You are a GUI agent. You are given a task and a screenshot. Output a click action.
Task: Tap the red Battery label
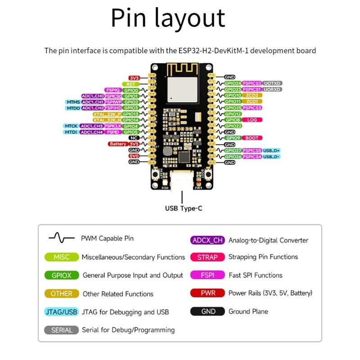(118, 144)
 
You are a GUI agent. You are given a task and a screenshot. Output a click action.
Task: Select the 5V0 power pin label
(134, 156)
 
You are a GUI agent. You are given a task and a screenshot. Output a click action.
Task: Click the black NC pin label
(134, 138)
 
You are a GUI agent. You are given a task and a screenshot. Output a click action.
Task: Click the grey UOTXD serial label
(272, 83)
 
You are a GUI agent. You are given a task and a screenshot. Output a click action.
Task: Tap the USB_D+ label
(271, 150)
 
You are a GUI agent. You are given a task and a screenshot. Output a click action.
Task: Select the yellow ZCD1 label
(252, 101)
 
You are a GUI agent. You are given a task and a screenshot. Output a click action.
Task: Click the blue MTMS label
(72, 102)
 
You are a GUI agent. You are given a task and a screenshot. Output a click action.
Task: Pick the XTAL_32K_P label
(107, 114)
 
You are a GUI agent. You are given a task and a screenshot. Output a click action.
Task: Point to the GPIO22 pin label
(232, 126)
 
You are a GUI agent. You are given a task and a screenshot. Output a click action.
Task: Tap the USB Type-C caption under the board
(183, 208)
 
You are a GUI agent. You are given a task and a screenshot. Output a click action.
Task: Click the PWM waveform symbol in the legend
(62, 238)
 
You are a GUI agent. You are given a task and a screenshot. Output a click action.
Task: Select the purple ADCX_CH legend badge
(207, 240)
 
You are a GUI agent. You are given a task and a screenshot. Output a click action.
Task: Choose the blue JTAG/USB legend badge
(62, 312)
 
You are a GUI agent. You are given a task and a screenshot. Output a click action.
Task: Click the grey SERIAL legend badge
(62, 330)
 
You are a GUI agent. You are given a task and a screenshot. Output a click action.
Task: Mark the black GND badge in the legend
(208, 311)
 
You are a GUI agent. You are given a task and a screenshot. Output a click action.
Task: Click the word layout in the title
(193, 19)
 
